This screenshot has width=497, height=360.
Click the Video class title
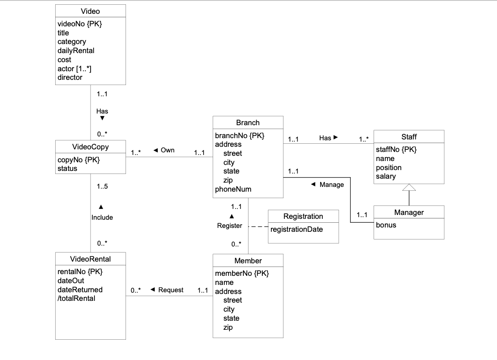(91, 11)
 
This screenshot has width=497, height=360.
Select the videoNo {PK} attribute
(80, 24)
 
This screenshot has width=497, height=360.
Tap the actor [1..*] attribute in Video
(74, 69)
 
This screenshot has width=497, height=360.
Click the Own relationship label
(167, 150)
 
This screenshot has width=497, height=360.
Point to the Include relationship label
(102, 218)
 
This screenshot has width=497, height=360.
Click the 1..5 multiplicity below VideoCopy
(102, 187)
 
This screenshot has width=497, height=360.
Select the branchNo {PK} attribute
(239, 136)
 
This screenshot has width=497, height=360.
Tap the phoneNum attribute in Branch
(233, 189)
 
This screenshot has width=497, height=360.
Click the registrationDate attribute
(296, 229)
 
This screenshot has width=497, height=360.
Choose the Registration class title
(303, 216)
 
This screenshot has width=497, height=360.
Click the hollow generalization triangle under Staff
(409, 187)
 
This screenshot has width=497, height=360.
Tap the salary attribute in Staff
(386, 176)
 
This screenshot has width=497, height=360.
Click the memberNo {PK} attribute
(242, 273)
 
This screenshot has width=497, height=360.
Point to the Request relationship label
(170, 290)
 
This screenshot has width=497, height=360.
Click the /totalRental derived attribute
(76, 298)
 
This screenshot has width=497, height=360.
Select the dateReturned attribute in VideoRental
(80, 290)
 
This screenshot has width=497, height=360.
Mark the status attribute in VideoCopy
(67, 168)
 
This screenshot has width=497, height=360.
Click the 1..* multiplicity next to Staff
(363, 139)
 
